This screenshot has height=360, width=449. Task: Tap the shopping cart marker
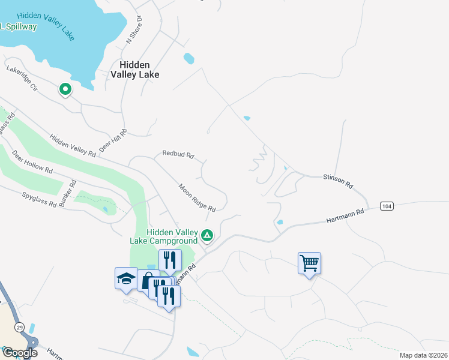click(309, 262)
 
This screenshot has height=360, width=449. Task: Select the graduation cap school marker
click(126, 278)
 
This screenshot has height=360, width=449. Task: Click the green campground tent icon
click(207, 235)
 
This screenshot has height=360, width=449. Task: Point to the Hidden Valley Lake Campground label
click(164, 236)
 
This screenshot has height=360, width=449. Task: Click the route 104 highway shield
click(387, 206)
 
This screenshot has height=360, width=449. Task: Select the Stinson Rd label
click(337, 181)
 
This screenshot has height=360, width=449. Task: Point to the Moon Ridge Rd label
click(197, 197)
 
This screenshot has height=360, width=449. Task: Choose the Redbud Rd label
click(178, 154)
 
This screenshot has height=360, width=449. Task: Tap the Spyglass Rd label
click(39, 200)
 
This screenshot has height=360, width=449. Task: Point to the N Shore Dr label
click(133, 29)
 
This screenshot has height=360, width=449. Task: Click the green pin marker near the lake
click(65, 90)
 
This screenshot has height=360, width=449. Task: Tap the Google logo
click(20, 352)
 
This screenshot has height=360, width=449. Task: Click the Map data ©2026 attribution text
click(423, 355)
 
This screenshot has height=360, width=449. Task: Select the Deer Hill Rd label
click(114, 140)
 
